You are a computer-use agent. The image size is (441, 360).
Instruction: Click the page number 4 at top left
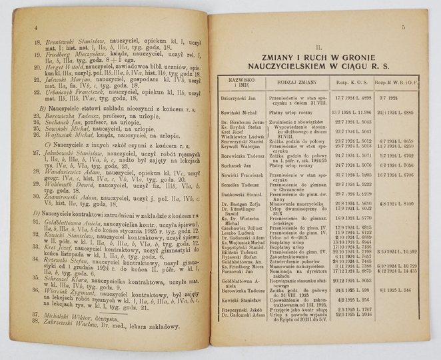click(x=33, y=27)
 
